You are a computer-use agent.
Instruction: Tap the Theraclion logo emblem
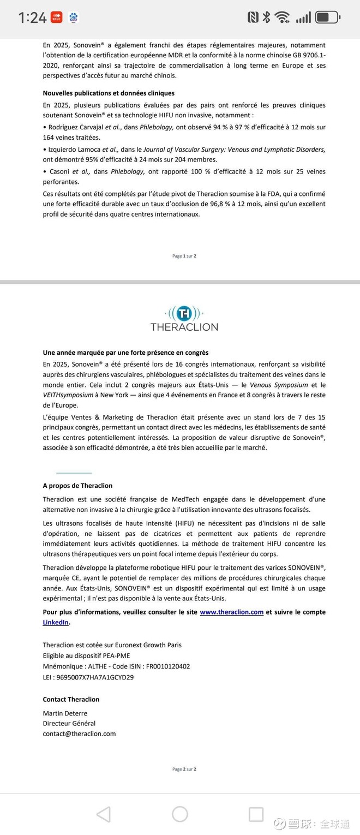click(x=184, y=313)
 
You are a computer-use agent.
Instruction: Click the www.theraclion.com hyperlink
click(x=231, y=612)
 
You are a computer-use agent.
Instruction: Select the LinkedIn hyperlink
click(x=56, y=622)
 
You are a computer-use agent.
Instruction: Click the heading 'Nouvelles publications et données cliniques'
click(x=109, y=93)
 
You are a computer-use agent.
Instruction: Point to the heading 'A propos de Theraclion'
click(x=77, y=486)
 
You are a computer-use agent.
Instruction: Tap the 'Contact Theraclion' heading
click(x=71, y=700)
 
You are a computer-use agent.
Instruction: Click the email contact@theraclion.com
click(x=79, y=734)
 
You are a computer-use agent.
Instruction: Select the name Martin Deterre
click(x=65, y=713)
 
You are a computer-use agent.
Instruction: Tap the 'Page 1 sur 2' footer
click(x=184, y=256)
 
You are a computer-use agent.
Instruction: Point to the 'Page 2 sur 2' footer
click(x=184, y=770)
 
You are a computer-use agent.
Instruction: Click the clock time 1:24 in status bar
click(x=32, y=18)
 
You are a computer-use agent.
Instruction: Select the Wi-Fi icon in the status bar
click(x=282, y=17)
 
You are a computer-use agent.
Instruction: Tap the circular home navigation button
click(x=180, y=814)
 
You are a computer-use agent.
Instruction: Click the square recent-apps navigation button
click(x=256, y=814)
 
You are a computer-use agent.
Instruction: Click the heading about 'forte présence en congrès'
click(x=125, y=353)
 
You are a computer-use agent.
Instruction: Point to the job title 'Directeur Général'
click(x=69, y=724)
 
